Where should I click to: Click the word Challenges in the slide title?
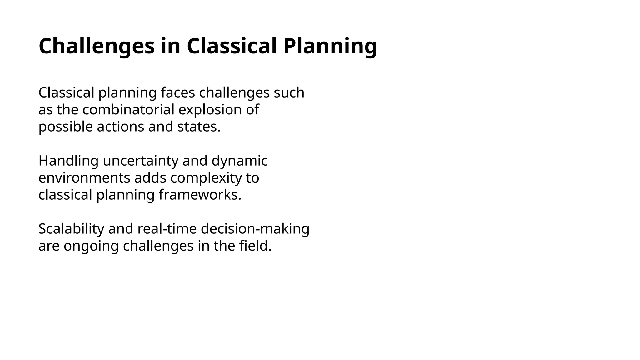[97, 46]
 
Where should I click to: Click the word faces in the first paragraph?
[178, 93]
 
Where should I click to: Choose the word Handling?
[68, 161]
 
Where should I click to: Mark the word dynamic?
[239, 161]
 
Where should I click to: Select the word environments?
[84, 178]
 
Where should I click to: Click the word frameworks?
[200, 195]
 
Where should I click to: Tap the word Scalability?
[71, 229]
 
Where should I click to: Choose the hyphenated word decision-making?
[255, 229]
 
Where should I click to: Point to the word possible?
[66, 127]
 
